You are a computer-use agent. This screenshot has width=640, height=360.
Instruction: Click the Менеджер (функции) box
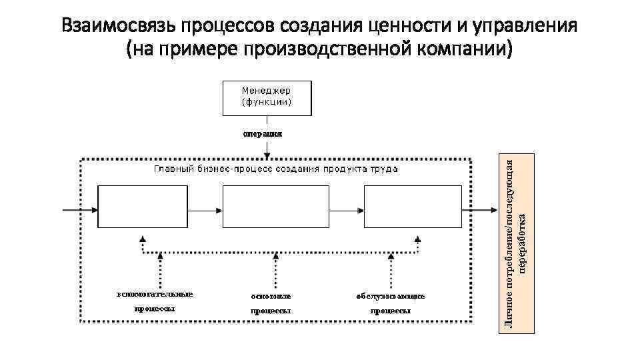[267, 97]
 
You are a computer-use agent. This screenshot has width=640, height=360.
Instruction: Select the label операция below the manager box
[262, 133]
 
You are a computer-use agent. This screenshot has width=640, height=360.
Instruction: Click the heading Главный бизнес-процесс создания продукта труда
[276, 169]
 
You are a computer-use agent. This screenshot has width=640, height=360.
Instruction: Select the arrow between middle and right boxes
[346, 209]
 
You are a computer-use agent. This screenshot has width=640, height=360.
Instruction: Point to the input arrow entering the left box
[79, 209]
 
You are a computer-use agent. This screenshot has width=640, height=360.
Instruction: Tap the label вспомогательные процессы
[155, 301]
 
